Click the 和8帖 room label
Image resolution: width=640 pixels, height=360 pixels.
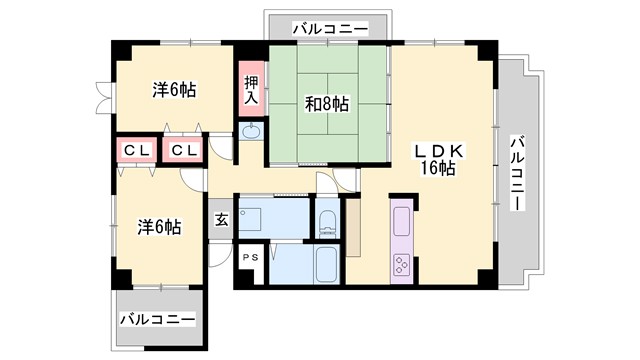pyautogui.click(x=327, y=102)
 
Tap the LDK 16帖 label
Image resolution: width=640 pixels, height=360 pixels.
pyautogui.click(x=437, y=159)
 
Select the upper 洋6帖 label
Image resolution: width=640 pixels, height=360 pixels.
pyautogui.click(x=173, y=90)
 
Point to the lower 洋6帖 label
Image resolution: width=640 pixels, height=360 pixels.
pyautogui.click(x=159, y=227)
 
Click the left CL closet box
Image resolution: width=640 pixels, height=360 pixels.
pyautogui.click(x=135, y=150)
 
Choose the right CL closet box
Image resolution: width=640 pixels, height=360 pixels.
pyautogui.click(x=183, y=150)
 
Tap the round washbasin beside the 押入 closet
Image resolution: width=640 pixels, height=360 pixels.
pyautogui.click(x=251, y=132)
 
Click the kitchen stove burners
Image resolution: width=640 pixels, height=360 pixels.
pyautogui.click(x=401, y=265)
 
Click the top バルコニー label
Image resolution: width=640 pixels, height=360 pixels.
pyautogui.click(x=329, y=27)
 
